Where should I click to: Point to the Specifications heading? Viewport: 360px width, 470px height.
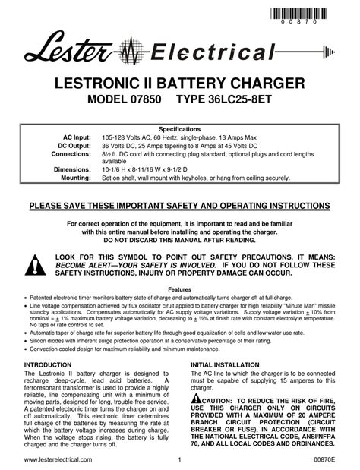click(179, 129)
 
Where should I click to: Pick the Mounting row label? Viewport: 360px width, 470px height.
click(74, 178)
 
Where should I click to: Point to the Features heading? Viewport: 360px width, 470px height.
click(179, 290)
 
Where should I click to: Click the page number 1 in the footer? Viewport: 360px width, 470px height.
click(180, 459)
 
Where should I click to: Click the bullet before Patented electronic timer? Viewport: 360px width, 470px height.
click(27, 298)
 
